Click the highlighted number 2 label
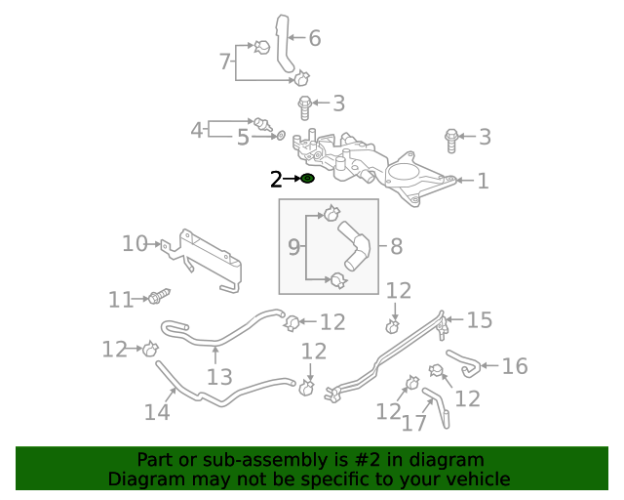(x=277, y=179)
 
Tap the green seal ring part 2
(x=307, y=179)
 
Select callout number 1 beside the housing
(x=483, y=181)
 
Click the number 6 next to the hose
(x=314, y=39)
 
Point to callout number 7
(x=225, y=62)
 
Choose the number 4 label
(x=197, y=130)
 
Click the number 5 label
(x=243, y=138)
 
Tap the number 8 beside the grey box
(x=396, y=247)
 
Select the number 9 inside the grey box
(x=293, y=248)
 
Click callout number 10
(x=135, y=243)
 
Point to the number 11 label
(x=121, y=300)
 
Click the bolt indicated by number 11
(x=159, y=294)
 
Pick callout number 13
(x=219, y=377)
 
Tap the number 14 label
(x=157, y=412)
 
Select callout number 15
(x=479, y=320)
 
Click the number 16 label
(x=514, y=366)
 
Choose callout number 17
(x=414, y=422)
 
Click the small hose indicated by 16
(x=464, y=362)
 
